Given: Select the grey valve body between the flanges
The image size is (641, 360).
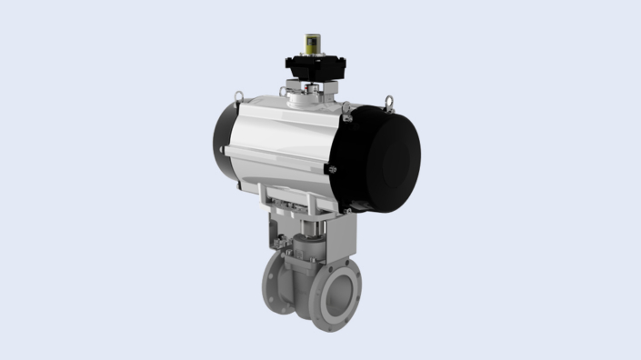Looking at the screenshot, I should pyautogui.click(x=305, y=273).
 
